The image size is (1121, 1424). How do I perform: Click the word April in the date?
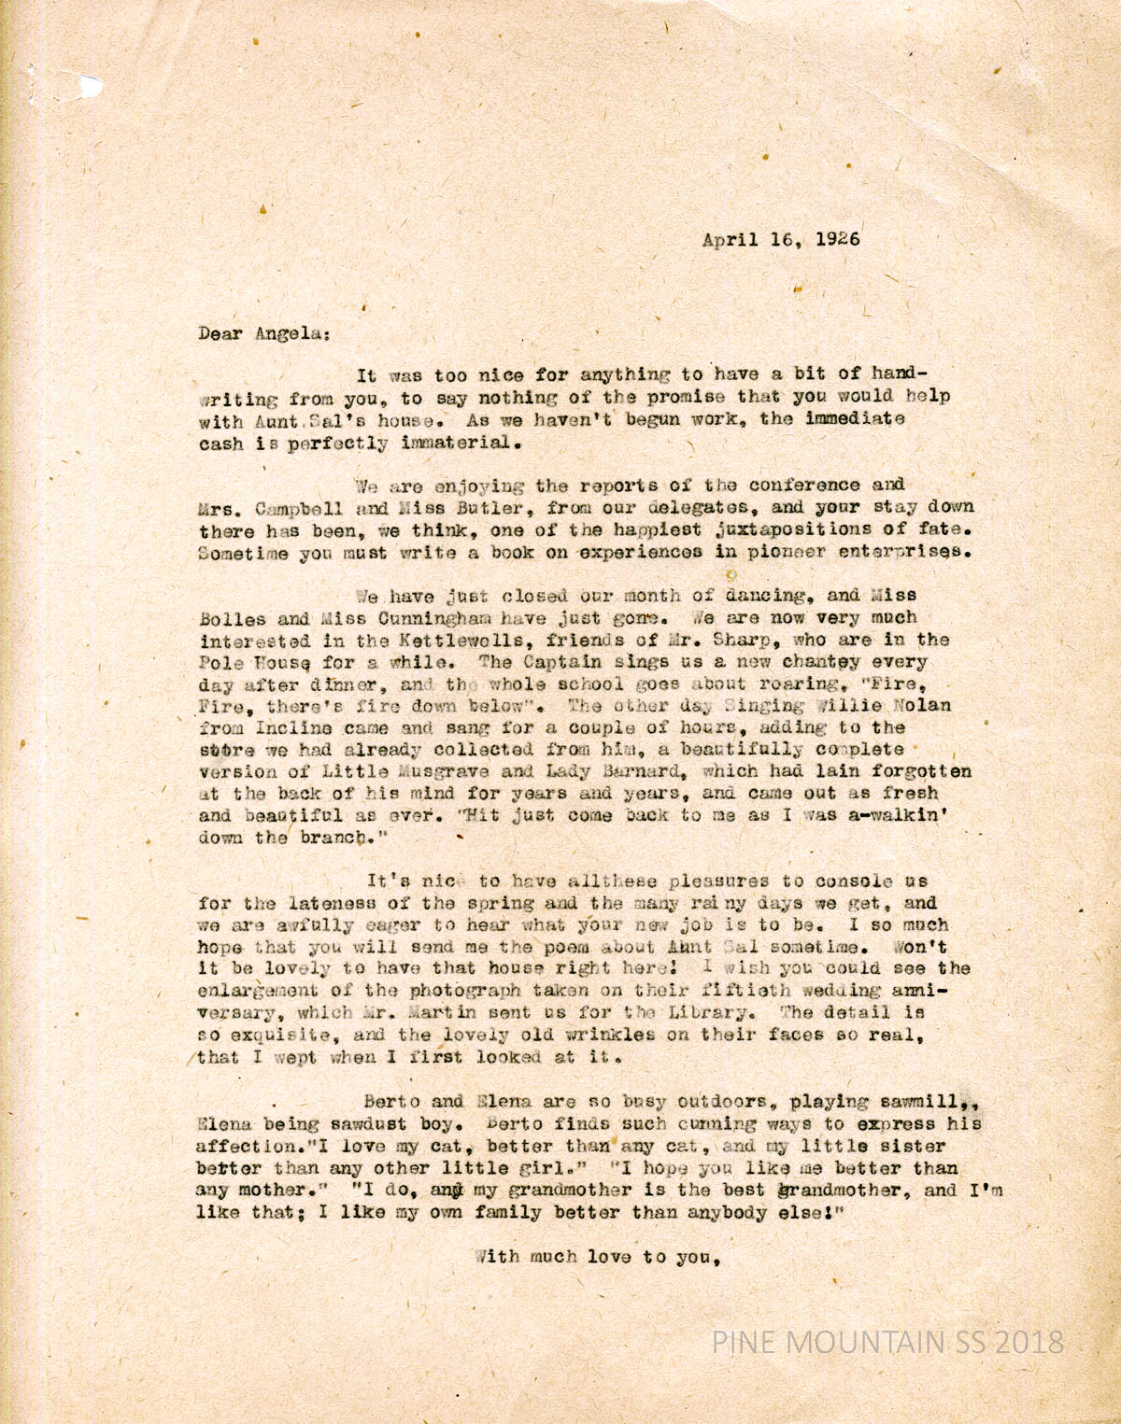[x=731, y=239]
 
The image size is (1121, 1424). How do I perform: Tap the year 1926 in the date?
[x=838, y=239]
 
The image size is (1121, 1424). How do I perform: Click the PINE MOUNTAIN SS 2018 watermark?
[x=887, y=1342]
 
